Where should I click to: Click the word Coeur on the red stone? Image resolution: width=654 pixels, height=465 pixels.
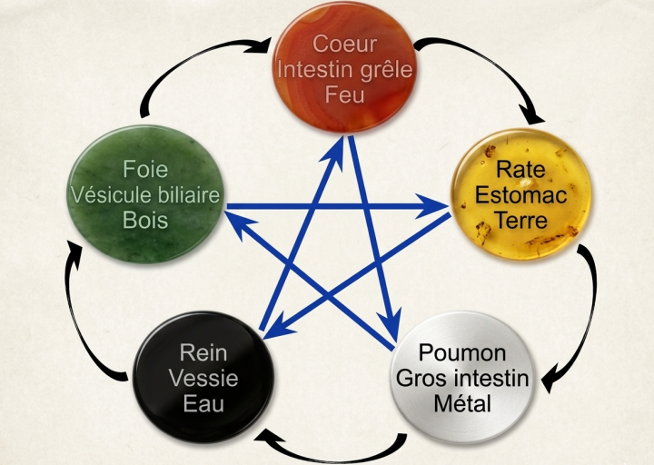(x=344, y=44)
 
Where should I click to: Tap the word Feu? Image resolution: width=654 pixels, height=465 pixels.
(x=344, y=94)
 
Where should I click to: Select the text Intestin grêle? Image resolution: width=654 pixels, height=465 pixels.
(x=344, y=70)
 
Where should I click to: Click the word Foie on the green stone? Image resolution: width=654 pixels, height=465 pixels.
(x=145, y=169)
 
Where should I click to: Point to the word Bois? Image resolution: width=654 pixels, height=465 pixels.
(x=145, y=220)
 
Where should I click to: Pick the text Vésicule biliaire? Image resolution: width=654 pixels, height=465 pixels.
(x=145, y=194)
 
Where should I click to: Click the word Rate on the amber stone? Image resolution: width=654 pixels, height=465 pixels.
(x=520, y=169)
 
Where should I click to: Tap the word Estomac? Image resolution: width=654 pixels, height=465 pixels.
(x=520, y=194)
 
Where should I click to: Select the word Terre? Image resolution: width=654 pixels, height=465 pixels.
(x=520, y=220)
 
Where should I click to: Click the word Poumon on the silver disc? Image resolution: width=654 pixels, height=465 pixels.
(x=462, y=352)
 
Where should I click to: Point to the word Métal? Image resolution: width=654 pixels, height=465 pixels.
(x=462, y=403)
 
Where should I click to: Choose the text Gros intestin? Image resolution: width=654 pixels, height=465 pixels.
(x=462, y=379)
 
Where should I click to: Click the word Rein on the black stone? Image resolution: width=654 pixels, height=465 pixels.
(x=203, y=352)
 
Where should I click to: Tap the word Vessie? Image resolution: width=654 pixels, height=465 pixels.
(x=203, y=378)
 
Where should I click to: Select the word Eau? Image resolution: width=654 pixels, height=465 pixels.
(x=203, y=403)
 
